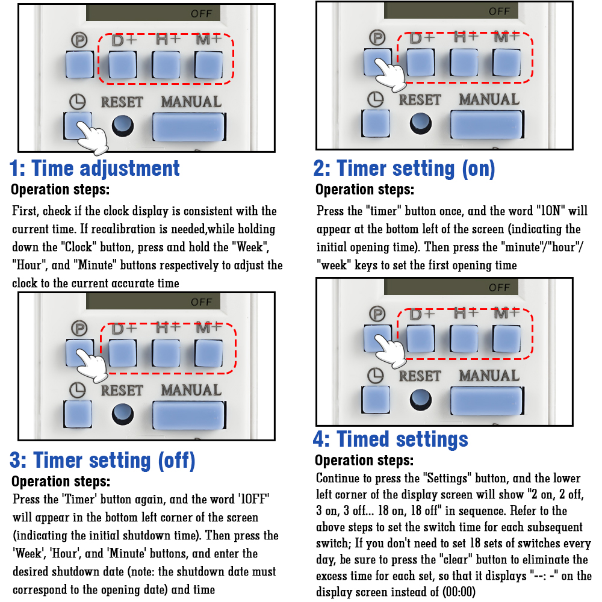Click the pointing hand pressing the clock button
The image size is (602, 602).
[93, 137]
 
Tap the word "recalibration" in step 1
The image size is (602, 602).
[128, 229]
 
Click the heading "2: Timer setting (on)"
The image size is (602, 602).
[405, 169]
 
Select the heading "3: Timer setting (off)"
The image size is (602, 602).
[102, 461]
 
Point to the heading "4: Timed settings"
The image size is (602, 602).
[391, 439]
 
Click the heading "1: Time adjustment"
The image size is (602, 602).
[95, 168]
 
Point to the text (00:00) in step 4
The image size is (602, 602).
[459, 592]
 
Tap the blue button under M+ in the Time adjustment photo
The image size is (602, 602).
[208, 64]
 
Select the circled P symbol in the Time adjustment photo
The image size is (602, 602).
[79, 40]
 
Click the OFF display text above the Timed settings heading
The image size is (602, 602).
[499, 288]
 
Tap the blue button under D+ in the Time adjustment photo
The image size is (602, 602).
[122, 64]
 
